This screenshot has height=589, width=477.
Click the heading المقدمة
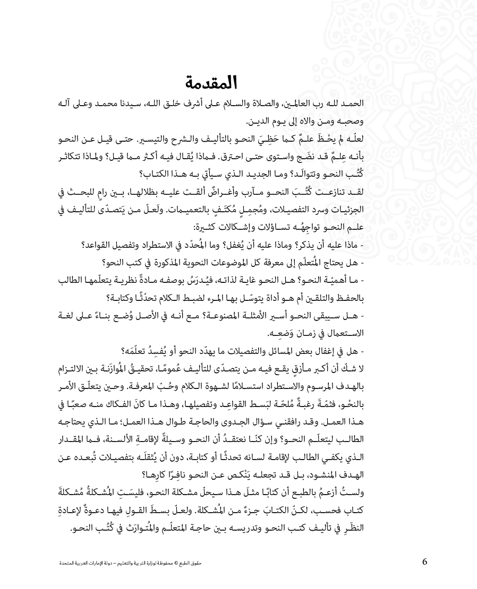click(212, 83)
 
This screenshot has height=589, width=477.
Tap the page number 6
click(424, 562)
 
